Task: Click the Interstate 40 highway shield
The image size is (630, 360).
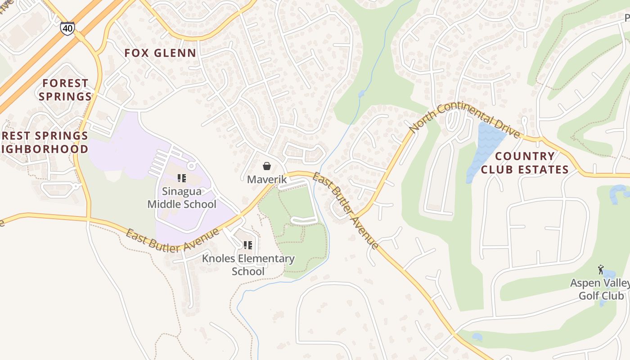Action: point(67,28)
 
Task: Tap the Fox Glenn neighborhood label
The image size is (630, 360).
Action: point(160,53)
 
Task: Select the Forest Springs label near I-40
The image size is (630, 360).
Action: point(66,90)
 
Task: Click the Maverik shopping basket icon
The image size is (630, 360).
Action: point(267,166)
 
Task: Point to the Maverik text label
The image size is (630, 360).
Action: point(267,180)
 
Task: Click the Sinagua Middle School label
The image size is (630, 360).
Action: point(182,198)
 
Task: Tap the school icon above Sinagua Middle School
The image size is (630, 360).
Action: point(182,178)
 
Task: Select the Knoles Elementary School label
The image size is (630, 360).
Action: point(248,265)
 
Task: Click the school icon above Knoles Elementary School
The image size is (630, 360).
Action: point(247,245)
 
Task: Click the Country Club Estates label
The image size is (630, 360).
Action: point(525,163)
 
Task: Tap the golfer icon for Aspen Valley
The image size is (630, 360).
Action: point(601,270)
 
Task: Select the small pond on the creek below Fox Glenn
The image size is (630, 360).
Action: point(361,94)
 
